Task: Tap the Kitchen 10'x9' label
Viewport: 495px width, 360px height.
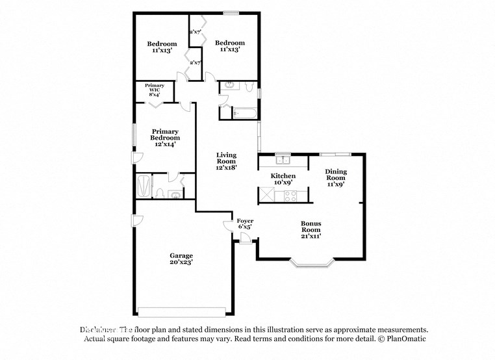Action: click(x=283, y=179)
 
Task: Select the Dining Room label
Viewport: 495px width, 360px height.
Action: click(x=335, y=177)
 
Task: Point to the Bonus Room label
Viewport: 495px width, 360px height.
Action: click(x=311, y=229)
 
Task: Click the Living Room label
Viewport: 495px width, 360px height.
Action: click(x=226, y=161)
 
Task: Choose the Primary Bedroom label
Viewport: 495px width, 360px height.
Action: click(x=165, y=138)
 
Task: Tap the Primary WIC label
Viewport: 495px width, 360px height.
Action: click(x=155, y=90)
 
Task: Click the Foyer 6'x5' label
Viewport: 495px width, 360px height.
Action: click(x=245, y=224)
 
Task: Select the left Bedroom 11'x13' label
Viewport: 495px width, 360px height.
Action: click(x=161, y=47)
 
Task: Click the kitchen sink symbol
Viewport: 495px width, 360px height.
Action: click(x=283, y=161)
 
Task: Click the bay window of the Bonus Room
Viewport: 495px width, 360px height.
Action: click(x=312, y=264)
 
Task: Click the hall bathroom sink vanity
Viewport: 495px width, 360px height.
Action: click(x=231, y=86)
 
